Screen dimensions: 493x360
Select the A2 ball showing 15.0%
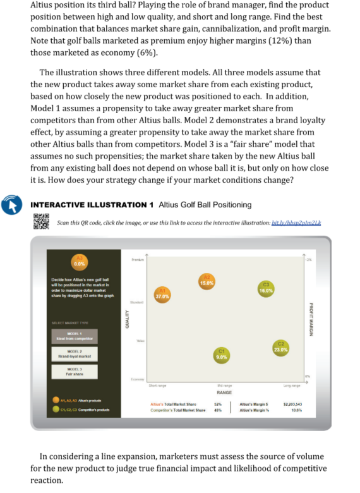pyautogui.click(x=206, y=282)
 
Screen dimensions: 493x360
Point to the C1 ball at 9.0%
pyautogui.click(x=222, y=355)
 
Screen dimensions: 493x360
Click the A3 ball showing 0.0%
pyautogui.click(x=80, y=260)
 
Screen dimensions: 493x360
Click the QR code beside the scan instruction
pyautogui.click(x=40, y=221)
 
